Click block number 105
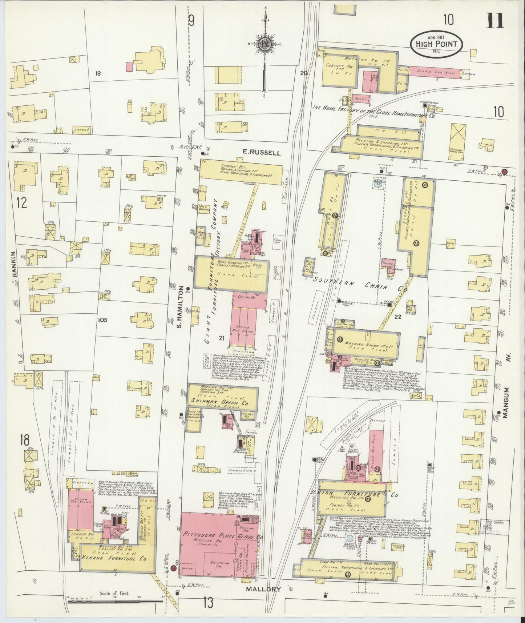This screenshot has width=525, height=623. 103,320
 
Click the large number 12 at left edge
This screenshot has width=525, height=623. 22,202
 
